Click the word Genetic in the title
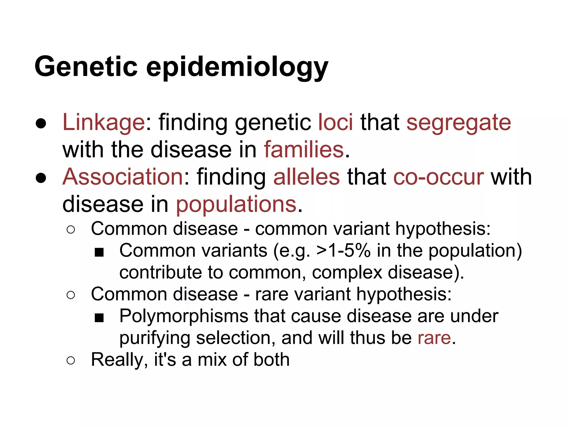[86, 67]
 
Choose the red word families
[304, 149]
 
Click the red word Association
[123, 177]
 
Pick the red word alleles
[306, 177]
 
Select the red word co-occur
[438, 177]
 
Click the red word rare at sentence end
[434, 338]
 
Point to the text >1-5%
[343, 250]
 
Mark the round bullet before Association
[41, 178]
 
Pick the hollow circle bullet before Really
[71, 361]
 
